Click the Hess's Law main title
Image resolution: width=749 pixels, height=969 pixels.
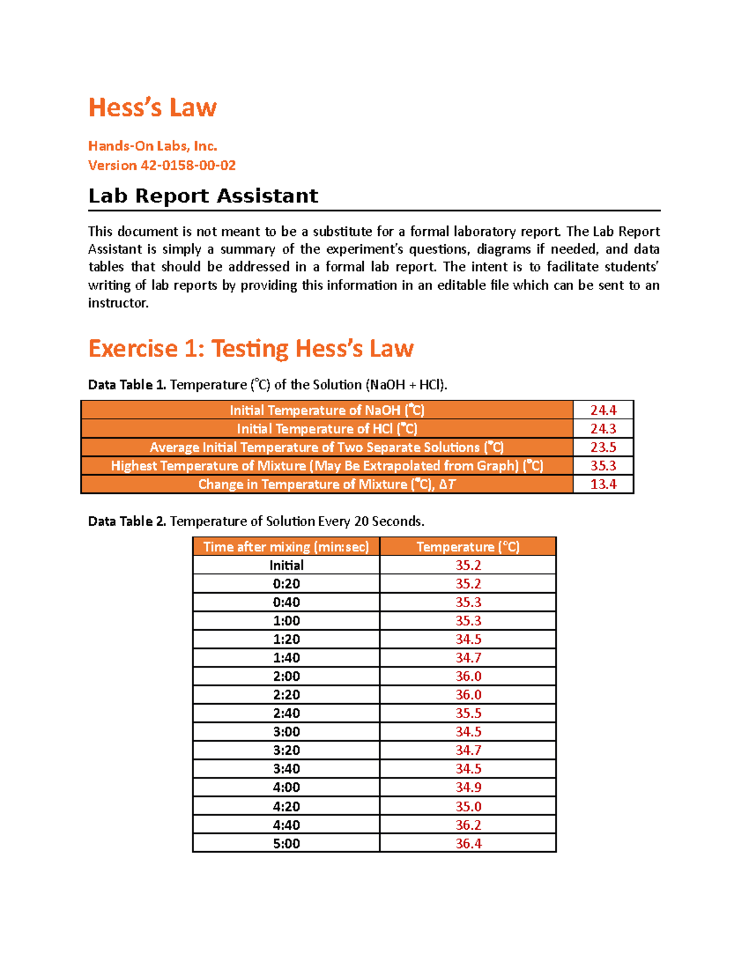[152, 107]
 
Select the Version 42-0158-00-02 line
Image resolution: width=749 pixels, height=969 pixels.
[162, 165]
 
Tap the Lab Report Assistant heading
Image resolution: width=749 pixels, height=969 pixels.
[203, 196]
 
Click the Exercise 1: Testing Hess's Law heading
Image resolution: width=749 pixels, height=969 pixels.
[251, 348]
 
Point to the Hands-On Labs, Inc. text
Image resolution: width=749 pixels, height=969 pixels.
[152, 146]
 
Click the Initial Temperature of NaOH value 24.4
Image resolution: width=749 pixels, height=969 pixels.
[603, 410]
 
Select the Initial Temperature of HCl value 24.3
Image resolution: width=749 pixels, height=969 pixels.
[603, 429]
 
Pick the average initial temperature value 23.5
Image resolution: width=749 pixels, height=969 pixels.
[603, 447]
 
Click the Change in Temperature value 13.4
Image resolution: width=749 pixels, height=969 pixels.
[603, 484]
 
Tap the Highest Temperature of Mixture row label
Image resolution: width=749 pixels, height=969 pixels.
[326, 466]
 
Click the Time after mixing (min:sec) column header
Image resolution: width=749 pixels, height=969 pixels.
[286, 547]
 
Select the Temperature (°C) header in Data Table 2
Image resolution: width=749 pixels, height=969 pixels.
[468, 547]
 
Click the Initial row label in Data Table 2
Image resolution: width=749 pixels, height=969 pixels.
[286, 565]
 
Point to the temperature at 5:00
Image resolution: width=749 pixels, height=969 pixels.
[468, 844]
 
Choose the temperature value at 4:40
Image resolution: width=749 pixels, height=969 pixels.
[468, 825]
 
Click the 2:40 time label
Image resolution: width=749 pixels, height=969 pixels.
[286, 713]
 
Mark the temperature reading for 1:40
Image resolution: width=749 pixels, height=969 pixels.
[468, 658]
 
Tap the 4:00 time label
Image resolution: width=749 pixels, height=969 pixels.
[286, 787]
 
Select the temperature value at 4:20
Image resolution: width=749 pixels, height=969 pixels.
[468, 806]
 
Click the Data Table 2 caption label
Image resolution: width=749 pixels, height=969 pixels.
[127, 522]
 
